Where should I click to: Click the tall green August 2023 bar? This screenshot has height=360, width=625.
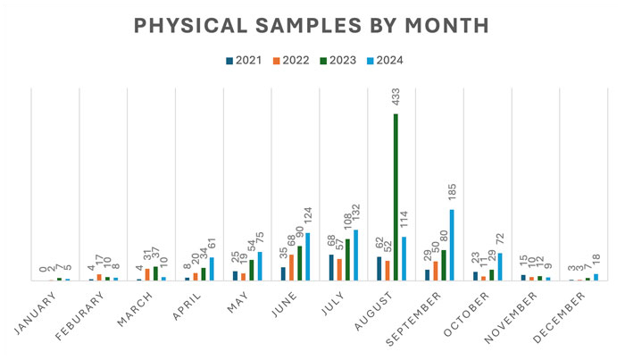396,197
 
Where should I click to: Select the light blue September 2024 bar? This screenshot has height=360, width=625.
452,245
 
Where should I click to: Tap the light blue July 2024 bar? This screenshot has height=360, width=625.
355,255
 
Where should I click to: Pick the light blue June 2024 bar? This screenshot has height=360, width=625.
307,256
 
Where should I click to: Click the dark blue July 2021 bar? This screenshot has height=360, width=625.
331,267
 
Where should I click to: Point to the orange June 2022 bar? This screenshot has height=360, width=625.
291,267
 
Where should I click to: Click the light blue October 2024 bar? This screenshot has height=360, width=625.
500,266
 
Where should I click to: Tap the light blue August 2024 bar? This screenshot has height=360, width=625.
404,258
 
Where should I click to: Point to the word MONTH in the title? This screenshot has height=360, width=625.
449,25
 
